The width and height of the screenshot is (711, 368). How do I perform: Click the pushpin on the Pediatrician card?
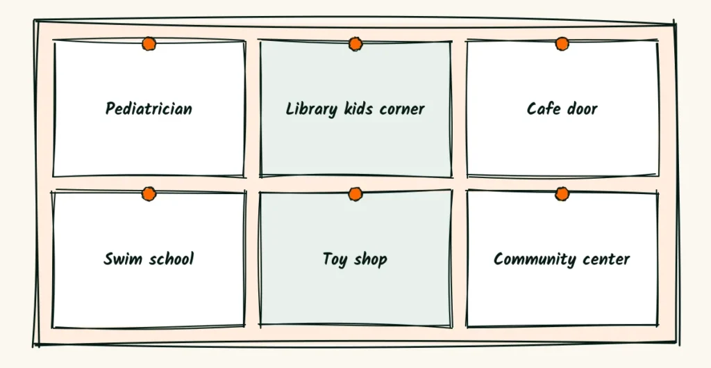149,44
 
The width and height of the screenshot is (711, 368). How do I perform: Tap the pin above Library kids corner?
355,44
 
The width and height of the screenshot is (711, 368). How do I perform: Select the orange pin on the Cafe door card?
562,44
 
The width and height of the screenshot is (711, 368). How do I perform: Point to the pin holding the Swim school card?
149,194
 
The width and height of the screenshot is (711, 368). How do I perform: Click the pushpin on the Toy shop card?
355,194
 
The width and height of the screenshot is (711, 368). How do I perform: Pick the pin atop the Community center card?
562,194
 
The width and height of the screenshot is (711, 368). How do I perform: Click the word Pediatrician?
149,109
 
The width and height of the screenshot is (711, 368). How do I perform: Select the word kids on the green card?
360,109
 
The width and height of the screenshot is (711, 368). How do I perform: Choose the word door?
583,109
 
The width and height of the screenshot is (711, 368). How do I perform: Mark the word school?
169,259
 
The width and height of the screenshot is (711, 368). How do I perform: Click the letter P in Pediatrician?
110,109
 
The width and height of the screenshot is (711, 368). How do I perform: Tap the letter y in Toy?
343,262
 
